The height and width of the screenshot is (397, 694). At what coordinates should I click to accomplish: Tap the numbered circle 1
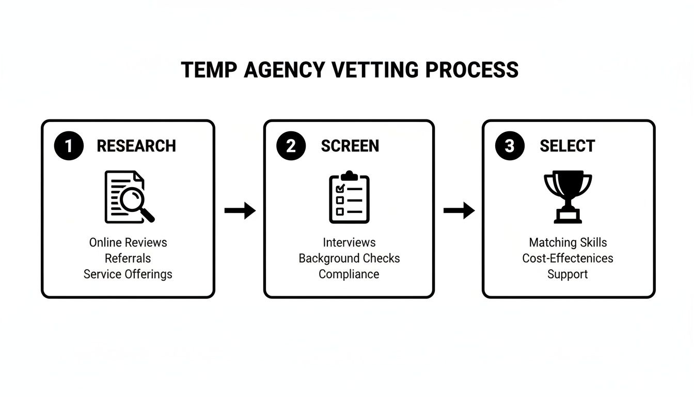[68, 146]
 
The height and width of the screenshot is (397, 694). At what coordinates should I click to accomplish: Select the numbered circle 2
[291, 146]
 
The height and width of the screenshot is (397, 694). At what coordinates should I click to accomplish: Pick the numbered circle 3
[509, 146]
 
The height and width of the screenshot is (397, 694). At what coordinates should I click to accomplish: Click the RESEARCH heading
[136, 146]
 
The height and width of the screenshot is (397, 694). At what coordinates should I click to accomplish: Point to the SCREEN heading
[350, 146]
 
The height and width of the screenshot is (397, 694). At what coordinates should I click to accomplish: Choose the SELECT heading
[567, 146]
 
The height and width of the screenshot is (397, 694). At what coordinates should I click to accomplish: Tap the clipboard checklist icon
[350, 197]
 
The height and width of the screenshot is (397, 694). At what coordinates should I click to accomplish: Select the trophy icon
[567, 197]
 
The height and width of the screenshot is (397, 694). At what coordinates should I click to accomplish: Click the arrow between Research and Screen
[240, 210]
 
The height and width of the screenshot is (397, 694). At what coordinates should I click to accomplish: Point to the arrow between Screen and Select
[459, 210]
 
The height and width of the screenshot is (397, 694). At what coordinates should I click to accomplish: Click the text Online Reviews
[128, 242]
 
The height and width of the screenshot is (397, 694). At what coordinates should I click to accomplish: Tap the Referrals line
[128, 258]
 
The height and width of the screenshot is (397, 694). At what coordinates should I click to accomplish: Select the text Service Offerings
[128, 274]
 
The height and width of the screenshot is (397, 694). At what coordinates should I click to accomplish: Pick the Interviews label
[349, 242]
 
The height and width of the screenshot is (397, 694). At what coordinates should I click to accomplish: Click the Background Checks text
[349, 258]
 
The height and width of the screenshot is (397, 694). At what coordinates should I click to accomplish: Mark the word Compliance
[349, 274]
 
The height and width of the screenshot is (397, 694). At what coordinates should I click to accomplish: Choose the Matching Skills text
[567, 242]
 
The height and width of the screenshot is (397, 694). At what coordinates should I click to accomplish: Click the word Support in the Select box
[567, 274]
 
